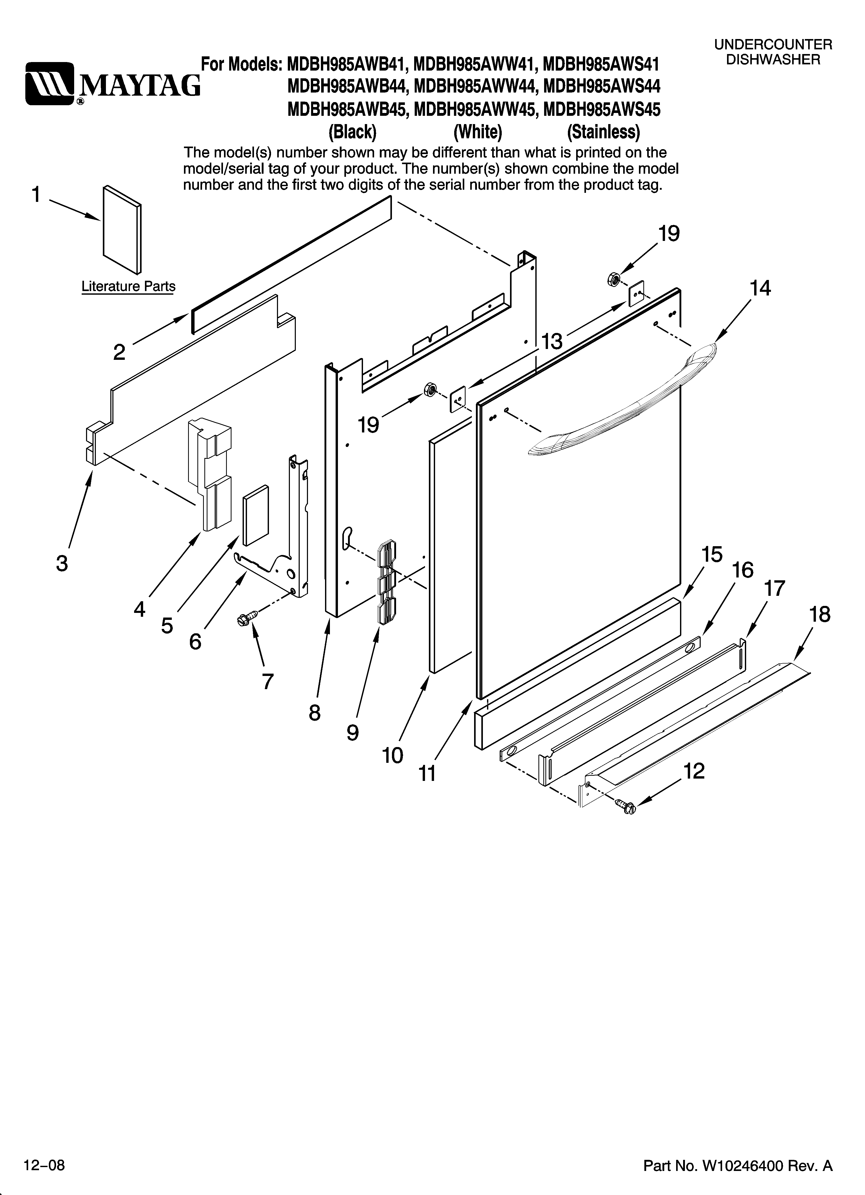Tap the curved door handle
coord(622,400)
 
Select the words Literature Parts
coord(128,287)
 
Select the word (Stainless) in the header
coord(603,132)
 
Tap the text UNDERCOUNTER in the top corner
coord(773,45)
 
